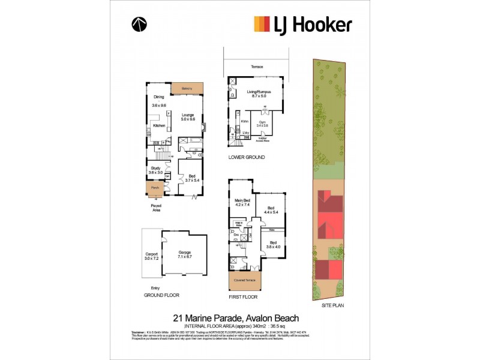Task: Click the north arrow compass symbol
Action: coord(139,25)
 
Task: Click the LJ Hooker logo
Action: coord(303,24)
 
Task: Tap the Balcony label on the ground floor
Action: coord(185,89)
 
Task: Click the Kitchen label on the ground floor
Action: coord(158,126)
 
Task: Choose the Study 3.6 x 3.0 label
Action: coord(155,170)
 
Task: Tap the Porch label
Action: coord(155,188)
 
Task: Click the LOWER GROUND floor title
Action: coord(246,157)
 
